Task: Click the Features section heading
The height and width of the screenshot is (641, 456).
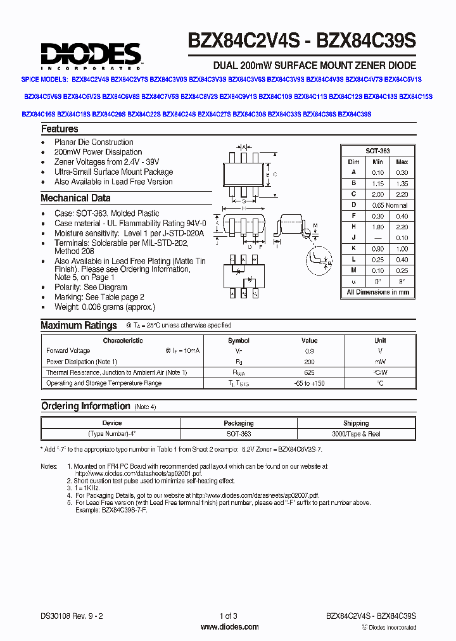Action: pyautogui.click(x=60, y=129)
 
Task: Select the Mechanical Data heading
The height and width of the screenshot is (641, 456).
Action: pyautogui.click(x=75, y=198)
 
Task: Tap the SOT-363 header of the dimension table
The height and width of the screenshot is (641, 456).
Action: pyautogui.click(x=377, y=151)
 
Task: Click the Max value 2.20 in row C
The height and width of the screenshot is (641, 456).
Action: pyautogui.click(x=402, y=194)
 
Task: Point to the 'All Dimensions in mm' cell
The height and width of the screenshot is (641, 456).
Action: pyautogui.click(x=377, y=293)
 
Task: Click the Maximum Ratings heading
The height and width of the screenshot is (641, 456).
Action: pyautogui.click(x=79, y=326)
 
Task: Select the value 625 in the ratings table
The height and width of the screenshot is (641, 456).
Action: pyautogui.click(x=309, y=372)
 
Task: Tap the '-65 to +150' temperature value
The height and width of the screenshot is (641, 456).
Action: pyautogui.click(x=309, y=383)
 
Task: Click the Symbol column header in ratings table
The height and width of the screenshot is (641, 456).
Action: pyautogui.click(x=239, y=340)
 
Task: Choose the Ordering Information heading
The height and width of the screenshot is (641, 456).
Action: pyautogui.click(x=85, y=406)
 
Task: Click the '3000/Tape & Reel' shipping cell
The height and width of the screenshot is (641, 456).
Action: pyautogui.click(x=356, y=434)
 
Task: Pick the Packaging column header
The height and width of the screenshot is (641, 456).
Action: pyautogui.click(x=239, y=423)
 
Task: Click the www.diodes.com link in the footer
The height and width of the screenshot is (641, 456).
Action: pyautogui.click(x=229, y=627)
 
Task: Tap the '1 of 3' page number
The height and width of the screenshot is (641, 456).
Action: pyautogui.click(x=228, y=616)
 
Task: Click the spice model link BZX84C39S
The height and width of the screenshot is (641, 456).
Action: pyautogui.click(x=355, y=114)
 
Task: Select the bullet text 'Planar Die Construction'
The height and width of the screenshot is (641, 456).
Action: pyautogui.click(x=94, y=143)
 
